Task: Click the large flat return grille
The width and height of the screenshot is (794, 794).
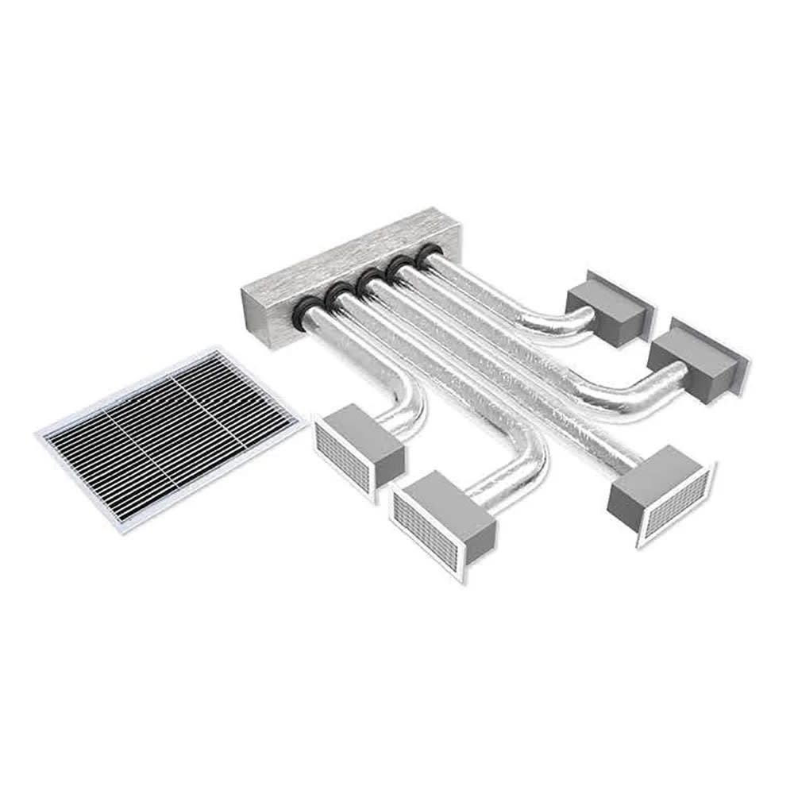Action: (171, 437)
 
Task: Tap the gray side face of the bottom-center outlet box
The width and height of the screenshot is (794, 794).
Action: (476, 532)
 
